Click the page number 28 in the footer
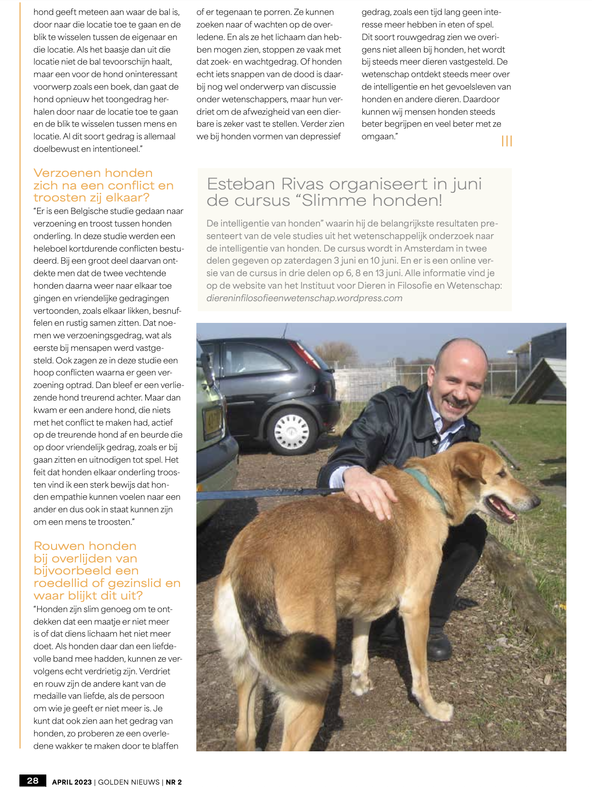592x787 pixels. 33,781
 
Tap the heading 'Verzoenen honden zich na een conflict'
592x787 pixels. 103,185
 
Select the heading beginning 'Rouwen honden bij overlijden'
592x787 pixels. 107,571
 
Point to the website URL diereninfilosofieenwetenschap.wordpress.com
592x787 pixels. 304,298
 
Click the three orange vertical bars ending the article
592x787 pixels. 507,141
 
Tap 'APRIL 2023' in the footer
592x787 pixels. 71,782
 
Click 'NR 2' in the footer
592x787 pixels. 174,782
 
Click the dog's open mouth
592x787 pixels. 502,509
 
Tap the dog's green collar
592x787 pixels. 429,487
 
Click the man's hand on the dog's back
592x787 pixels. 369,494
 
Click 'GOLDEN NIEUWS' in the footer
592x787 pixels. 129,782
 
